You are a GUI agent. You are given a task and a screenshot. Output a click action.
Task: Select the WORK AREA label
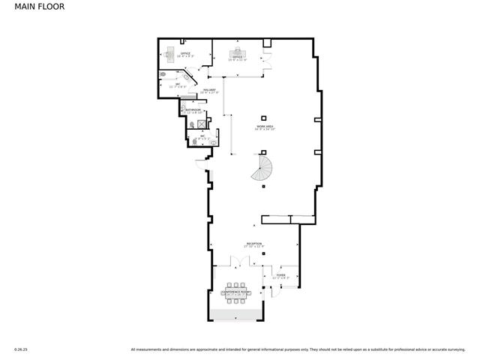(262, 127)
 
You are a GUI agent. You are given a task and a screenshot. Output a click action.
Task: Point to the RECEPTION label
(254, 244)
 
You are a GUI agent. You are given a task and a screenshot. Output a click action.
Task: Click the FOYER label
(280, 276)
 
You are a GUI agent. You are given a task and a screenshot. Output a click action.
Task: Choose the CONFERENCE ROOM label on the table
(238, 292)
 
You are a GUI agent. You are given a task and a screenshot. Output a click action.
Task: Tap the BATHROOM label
(193, 110)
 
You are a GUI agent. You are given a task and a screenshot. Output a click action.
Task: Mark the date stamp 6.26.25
(20, 349)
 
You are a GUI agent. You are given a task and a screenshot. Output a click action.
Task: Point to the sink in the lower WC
(214, 140)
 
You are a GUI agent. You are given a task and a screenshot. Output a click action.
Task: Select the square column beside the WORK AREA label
(263, 117)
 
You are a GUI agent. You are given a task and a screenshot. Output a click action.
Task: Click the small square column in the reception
(263, 253)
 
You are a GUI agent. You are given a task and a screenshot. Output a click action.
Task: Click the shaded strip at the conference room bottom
(237, 313)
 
